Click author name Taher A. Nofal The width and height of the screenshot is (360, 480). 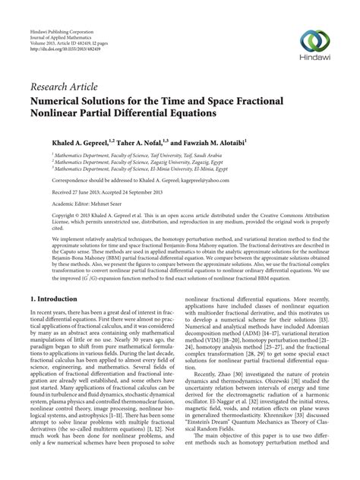pyautogui.click(x=138, y=141)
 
